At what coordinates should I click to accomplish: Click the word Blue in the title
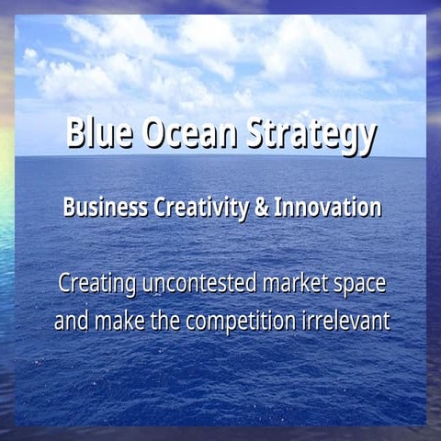(100, 134)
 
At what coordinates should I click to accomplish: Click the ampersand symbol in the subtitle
(261, 208)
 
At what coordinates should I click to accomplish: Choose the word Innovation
(327, 208)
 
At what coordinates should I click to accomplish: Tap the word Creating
(96, 283)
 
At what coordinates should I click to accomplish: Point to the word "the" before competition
(167, 322)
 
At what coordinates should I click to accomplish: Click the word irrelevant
(350, 322)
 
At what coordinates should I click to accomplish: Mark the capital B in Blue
(76, 134)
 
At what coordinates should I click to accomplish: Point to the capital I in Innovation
(279, 208)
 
